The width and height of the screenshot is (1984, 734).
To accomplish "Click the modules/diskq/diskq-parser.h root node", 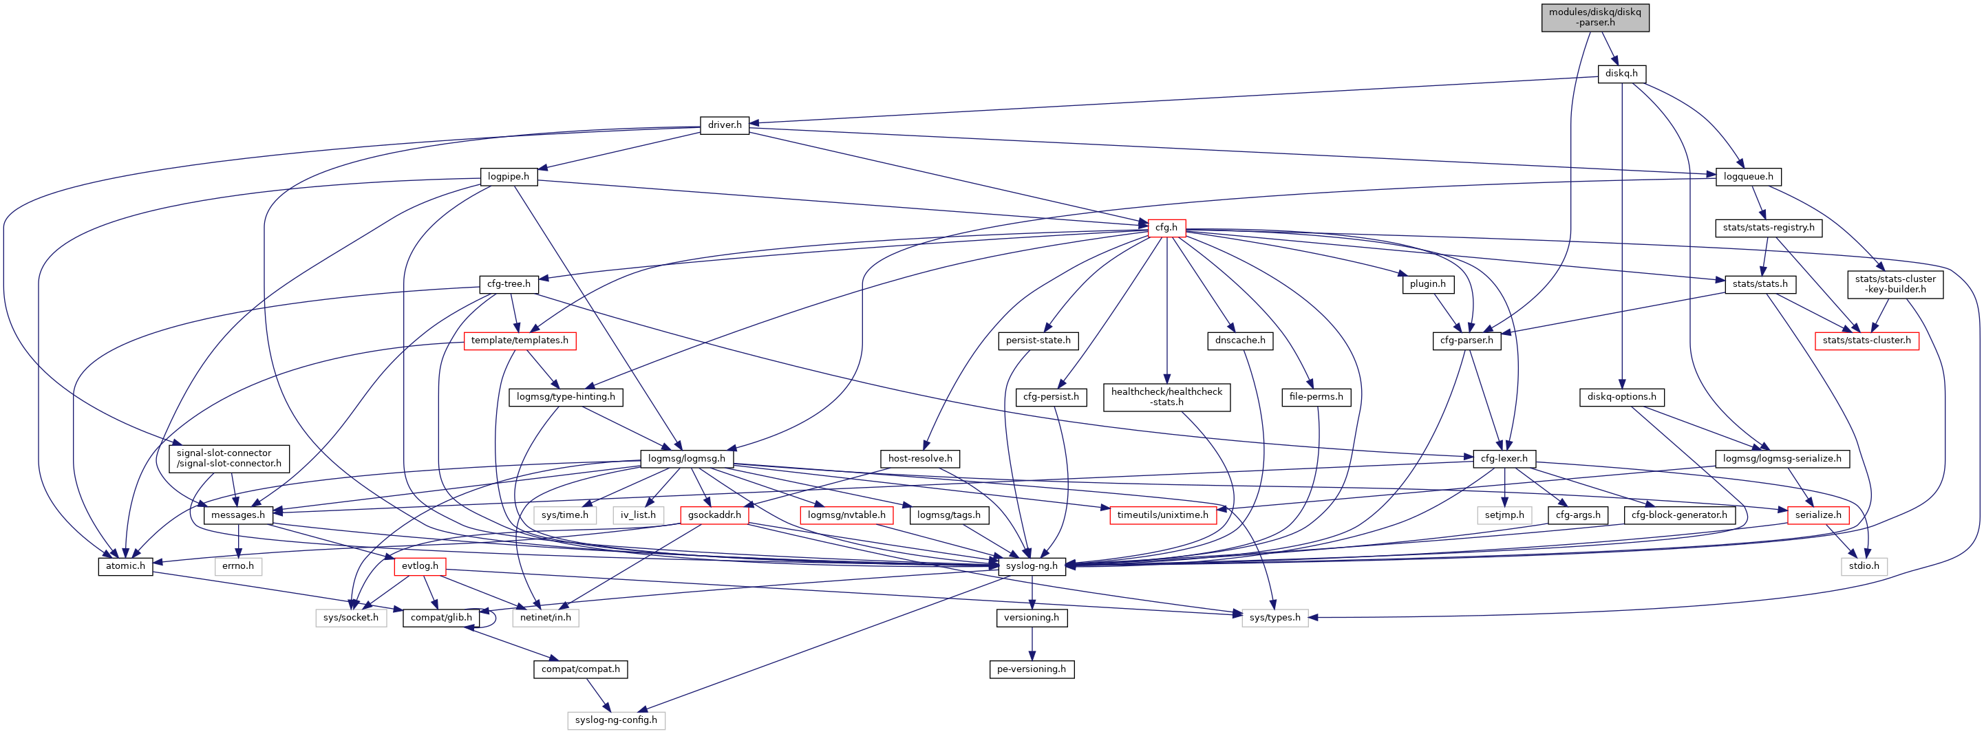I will (x=1594, y=17).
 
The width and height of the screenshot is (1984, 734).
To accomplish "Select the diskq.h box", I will (x=1621, y=74).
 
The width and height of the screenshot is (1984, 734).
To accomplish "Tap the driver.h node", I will (x=724, y=125).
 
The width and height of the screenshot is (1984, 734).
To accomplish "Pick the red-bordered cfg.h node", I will (x=1166, y=227).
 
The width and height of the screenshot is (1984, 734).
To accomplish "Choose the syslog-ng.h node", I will (x=1032, y=566).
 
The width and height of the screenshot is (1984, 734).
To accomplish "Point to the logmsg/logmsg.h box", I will (x=687, y=458).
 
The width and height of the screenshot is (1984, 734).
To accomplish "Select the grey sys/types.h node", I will (x=1274, y=618).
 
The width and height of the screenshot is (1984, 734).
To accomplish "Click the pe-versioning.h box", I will (x=1032, y=669).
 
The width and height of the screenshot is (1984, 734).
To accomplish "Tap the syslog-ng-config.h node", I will (x=616, y=720).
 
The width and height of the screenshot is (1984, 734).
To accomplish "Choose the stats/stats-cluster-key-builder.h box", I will (x=1895, y=284).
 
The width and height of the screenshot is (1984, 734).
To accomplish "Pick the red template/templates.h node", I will (x=519, y=341).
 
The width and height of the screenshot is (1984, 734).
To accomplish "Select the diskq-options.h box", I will (x=1621, y=397).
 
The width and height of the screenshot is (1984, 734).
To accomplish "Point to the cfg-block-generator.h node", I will (x=1679, y=515).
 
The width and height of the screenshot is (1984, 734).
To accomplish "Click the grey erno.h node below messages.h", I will (x=238, y=566).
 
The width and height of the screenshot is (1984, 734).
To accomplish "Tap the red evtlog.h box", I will (x=420, y=566).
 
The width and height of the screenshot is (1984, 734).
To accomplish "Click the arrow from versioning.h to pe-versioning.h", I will (x=1032, y=643).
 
